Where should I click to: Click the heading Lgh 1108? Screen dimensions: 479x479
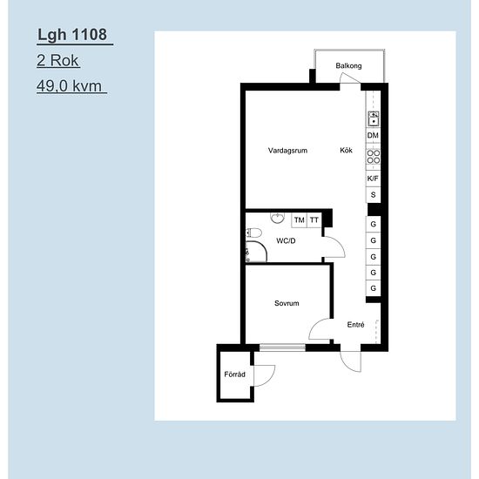[72, 35]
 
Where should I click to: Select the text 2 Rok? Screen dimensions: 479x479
[57, 60]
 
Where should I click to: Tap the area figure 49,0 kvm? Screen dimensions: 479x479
[69, 86]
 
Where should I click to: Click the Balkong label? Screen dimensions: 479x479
[348, 65]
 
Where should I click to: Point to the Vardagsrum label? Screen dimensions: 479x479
[287, 151]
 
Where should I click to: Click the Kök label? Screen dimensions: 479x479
[346, 150]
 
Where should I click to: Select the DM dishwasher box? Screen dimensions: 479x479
[373, 135]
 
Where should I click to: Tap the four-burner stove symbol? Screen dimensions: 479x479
[374, 157]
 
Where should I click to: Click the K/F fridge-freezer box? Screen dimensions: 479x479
[373, 179]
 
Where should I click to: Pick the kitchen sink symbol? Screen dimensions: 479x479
[374, 118]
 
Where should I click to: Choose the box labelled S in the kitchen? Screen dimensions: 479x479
[373, 194]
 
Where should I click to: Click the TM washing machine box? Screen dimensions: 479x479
[299, 220]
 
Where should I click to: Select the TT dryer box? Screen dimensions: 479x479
[314, 220]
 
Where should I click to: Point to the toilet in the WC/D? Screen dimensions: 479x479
[253, 233]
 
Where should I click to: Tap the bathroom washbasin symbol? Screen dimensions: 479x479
[277, 218]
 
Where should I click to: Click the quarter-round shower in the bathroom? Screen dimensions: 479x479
[256, 252]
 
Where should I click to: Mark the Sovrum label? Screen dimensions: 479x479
[287, 303]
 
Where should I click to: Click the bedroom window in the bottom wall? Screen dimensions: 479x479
[282, 347]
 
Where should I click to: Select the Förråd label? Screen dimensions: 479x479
[234, 374]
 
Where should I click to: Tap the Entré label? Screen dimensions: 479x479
[355, 325]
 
